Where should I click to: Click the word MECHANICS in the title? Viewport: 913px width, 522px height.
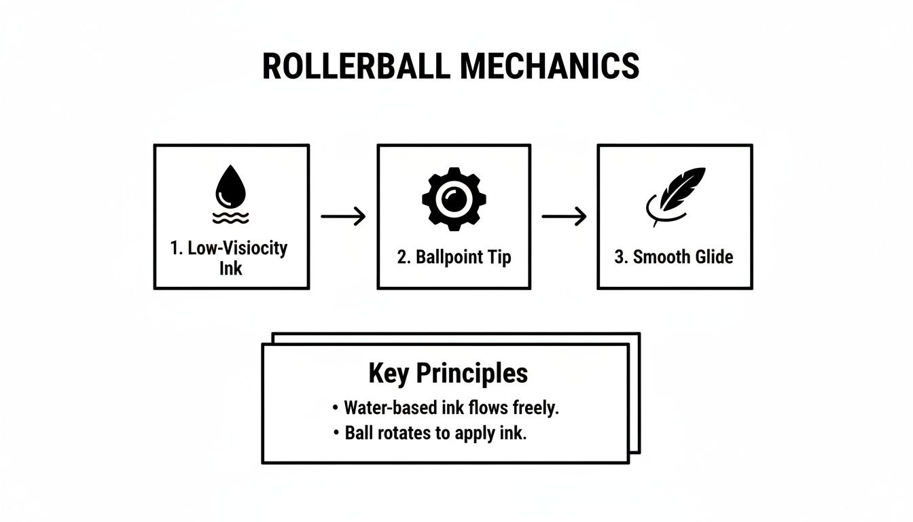[x=550, y=67]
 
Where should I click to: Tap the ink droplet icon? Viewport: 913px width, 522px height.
[x=232, y=187]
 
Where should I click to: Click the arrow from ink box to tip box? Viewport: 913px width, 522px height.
[x=343, y=217]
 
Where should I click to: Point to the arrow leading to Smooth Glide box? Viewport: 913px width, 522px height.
[x=564, y=217]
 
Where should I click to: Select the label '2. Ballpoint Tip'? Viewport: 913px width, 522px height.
[x=454, y=258]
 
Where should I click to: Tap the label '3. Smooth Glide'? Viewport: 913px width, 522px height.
[x=674, y=258]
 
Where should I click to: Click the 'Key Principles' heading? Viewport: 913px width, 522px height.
[x=448, y=373]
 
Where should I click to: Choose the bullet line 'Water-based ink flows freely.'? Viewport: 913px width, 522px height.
[x=451, y=408]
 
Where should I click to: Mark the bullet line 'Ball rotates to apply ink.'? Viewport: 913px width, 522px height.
[x=435, y=433]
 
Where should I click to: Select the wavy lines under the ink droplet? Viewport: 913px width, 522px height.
[x=231, y=216]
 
